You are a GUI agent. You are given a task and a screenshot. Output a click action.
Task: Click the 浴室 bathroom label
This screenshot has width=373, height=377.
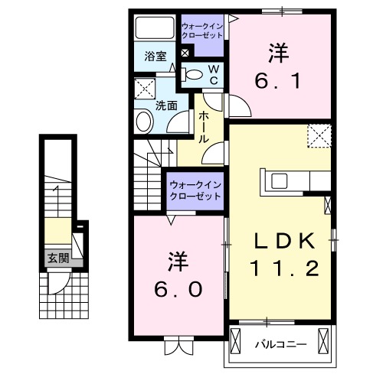[x=154, y=55]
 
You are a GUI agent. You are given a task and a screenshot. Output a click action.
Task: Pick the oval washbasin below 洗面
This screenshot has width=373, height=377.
[x=143, y=122]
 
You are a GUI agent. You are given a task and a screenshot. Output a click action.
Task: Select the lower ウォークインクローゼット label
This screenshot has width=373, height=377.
[x=195, y=189]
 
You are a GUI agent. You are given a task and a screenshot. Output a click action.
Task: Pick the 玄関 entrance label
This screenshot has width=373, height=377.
[x=57, y=258]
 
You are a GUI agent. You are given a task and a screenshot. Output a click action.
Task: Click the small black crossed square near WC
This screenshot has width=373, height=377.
[x=186, y=52]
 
